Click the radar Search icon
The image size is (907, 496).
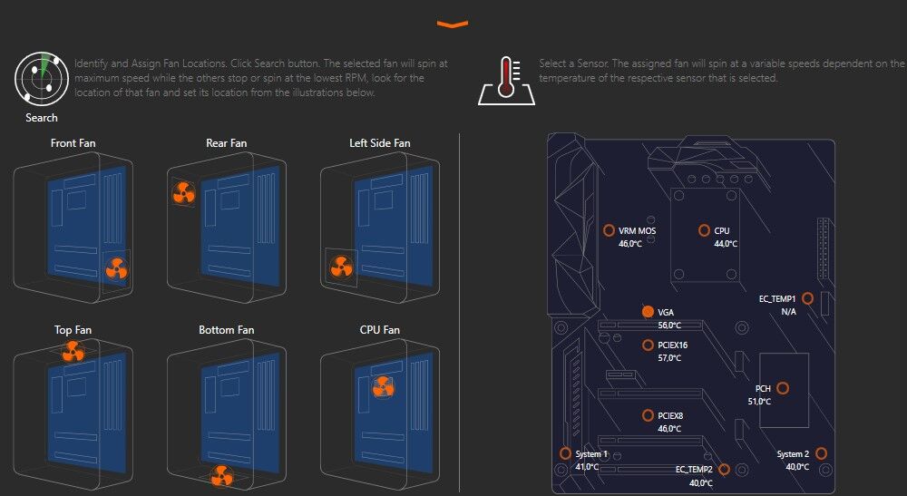(42, 79)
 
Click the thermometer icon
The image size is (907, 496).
(507, 81)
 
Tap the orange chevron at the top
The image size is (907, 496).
(453, 24)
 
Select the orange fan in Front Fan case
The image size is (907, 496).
(116, 268)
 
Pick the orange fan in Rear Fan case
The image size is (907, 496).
(184, 192)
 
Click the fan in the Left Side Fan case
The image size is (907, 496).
(341, 267)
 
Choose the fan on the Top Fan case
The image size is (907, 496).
(73, 351)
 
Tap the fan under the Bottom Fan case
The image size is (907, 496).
(221, 476)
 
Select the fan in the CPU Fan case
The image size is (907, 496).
(384, 386)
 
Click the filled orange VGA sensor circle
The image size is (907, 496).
(648, 312)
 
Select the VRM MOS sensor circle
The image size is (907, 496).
(609, 230)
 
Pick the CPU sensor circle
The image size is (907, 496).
(704, 230)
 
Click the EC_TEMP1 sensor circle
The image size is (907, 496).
(807, 298)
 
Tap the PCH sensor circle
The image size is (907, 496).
(783, 388)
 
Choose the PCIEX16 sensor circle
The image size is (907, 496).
(648, 345)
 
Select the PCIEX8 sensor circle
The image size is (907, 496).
(648, 415)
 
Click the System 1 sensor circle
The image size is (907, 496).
(565, 453)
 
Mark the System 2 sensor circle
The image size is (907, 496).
(821, 453)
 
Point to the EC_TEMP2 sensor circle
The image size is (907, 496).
(724, 470)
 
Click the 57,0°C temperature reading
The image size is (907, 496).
(670, 358)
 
